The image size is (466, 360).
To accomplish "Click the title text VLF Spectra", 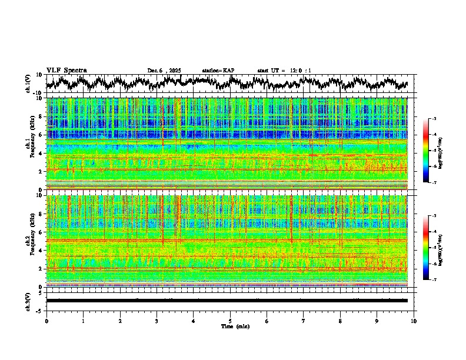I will tap(66, 70).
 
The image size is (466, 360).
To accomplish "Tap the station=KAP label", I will tap(218, 71).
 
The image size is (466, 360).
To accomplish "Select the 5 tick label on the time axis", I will tap(230, 321).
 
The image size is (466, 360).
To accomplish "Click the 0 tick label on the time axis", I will tap(46, 321).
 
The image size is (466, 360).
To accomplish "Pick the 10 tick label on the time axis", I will tap(414, 321).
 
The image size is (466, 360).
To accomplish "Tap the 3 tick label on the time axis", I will tap(157, 321).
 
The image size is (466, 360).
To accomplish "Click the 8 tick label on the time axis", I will tap(340, 321).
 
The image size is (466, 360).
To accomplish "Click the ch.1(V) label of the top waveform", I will tap(28, 84).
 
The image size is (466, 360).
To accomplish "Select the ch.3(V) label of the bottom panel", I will tap(28, 300).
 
